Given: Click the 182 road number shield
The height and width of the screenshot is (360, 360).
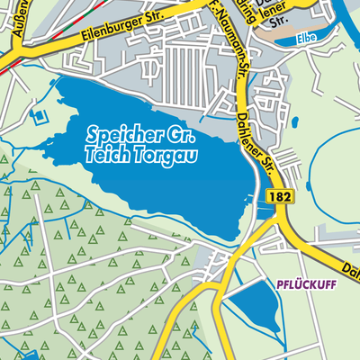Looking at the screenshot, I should coord(283,195).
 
